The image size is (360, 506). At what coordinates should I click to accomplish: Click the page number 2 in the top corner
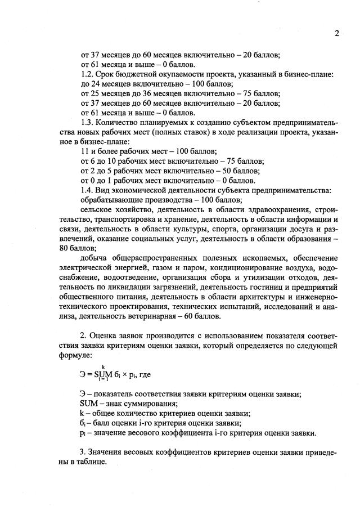pos(337,33)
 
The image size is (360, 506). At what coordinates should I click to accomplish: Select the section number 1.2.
pos(87,74)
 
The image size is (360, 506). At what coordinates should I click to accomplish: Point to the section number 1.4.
pos(87,190)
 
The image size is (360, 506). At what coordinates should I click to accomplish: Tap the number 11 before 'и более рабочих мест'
pos(85,151)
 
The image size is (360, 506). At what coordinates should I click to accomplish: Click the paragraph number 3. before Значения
pos(84,451)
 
